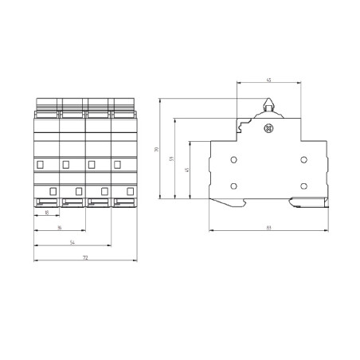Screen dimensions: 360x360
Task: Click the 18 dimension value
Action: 48,213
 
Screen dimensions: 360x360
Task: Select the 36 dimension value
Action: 60,228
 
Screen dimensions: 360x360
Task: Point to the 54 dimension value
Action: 73,242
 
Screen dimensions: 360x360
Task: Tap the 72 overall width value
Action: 85,257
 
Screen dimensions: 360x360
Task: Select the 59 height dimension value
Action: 174,159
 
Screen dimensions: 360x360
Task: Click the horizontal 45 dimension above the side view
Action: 268,80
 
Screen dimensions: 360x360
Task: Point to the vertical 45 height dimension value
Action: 188,170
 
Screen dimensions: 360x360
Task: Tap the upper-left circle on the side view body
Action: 233,160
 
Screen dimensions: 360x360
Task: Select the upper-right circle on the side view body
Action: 303,160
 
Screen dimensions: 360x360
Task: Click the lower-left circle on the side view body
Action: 233,187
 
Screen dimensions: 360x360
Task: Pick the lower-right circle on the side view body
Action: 303,187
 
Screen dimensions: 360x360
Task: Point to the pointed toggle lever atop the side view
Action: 268,104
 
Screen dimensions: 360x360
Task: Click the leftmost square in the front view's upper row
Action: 41,164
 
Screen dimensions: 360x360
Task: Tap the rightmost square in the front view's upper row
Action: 117,164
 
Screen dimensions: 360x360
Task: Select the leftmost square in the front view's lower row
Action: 53,190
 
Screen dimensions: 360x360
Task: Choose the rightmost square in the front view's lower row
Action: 130,190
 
